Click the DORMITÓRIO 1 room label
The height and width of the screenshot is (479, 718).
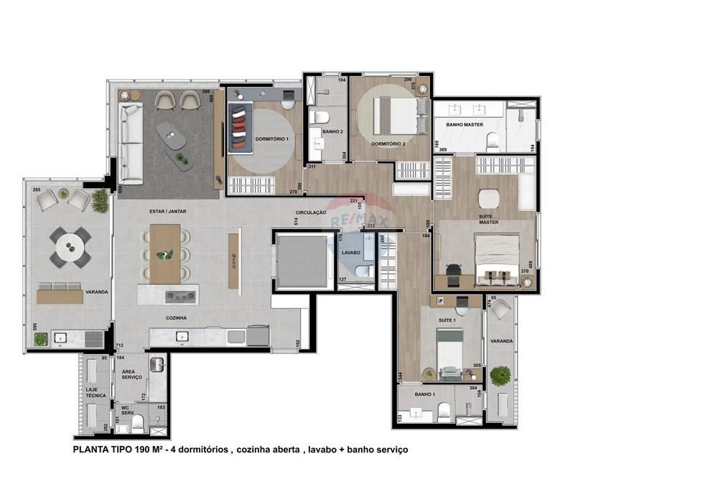(x=272, y=138)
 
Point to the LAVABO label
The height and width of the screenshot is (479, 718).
(x=351, y=253)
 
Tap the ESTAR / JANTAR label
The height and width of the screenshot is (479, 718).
(x=163, y=212)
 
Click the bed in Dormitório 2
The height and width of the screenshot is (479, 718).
(x=395, y=116)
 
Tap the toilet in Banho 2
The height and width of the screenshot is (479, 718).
(x=320, y=117)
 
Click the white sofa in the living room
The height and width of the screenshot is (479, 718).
(x=131, y=143)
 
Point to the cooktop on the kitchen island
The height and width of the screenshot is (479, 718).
(x=180, y=295)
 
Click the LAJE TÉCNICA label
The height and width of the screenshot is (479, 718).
(x=96, y=392)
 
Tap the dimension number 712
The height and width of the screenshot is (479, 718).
(x=119, y=346)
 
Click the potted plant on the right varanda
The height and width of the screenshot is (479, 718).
(x=500, y=375)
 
